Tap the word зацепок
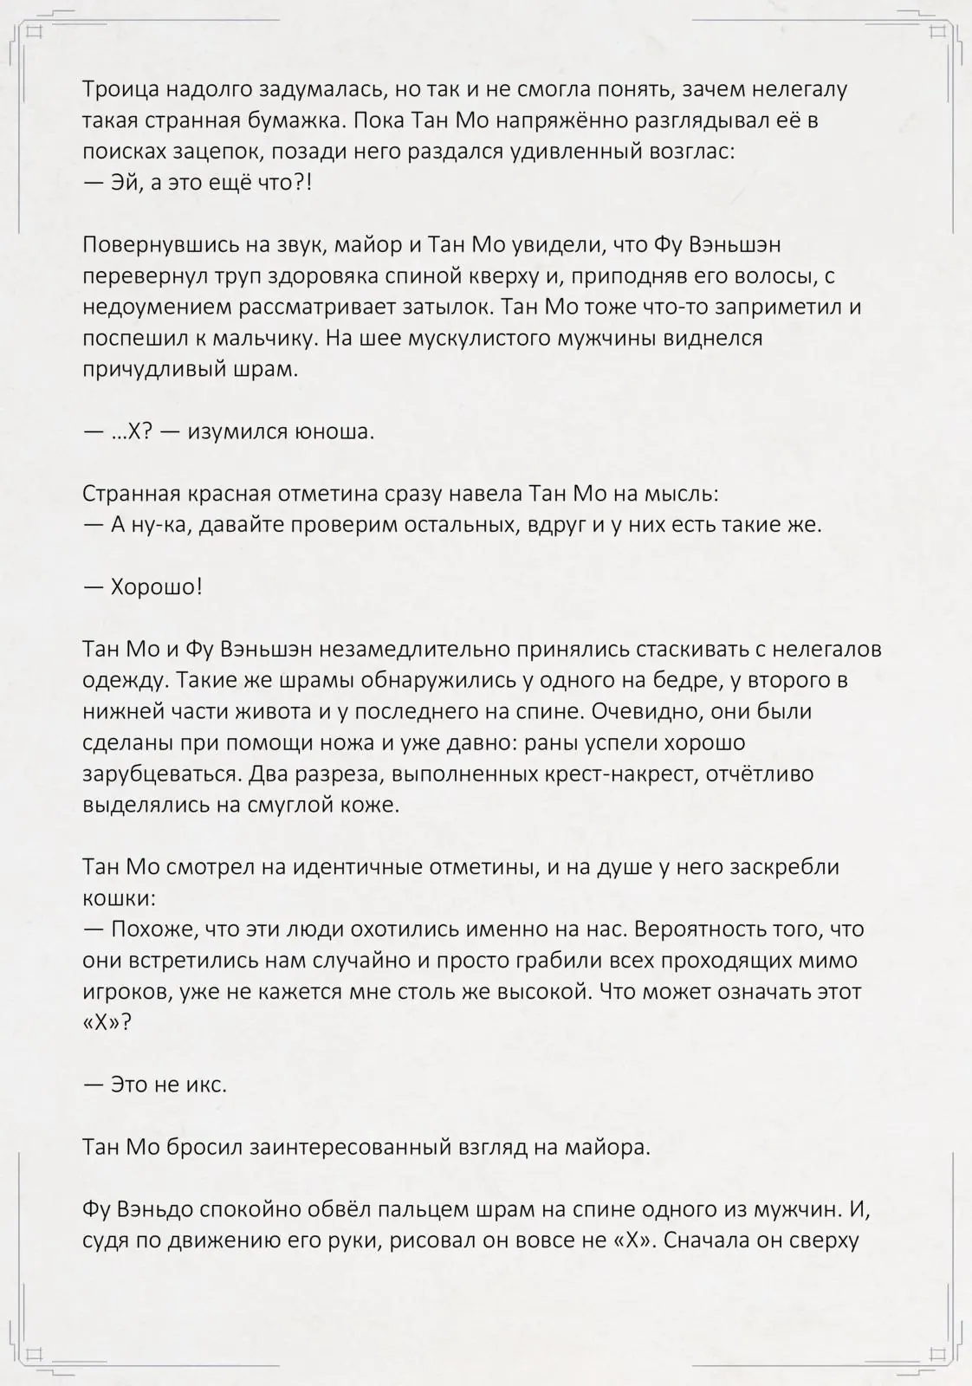coord(209,151)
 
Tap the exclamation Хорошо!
coord(156,586)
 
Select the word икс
coord(208,1084)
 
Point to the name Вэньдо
coord(156,1208)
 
